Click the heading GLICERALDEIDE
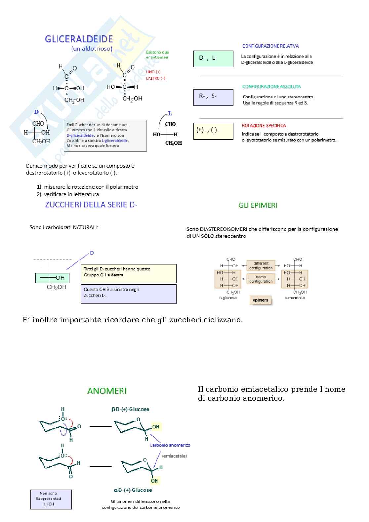[x=79, y=39]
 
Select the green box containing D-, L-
[x=213, y=59]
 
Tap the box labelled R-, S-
[x=213, y=97]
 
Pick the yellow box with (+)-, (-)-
[x=213, y=131]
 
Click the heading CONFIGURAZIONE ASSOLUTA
[x=271, y=87]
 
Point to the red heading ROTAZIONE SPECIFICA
[x=264, y=126]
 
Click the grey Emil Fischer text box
[x=105, y=136]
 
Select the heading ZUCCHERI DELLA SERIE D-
[x=91, y=205]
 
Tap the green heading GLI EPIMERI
[x=258, y=205]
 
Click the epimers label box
[x=260, y=300]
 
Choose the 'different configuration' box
[x=261, y=266]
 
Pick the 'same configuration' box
[x=261, y=279]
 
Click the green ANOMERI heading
[x=107, y=391]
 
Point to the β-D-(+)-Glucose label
[x=130, y=409]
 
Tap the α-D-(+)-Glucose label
[x=133, y=490]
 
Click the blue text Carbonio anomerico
[x=170, y=445]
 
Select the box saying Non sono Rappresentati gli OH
[x=51, y=499]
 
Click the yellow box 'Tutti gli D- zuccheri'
[x=129, y=273]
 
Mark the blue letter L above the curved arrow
[x=170, y=114]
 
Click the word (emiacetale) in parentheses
[x=174, y=456]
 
